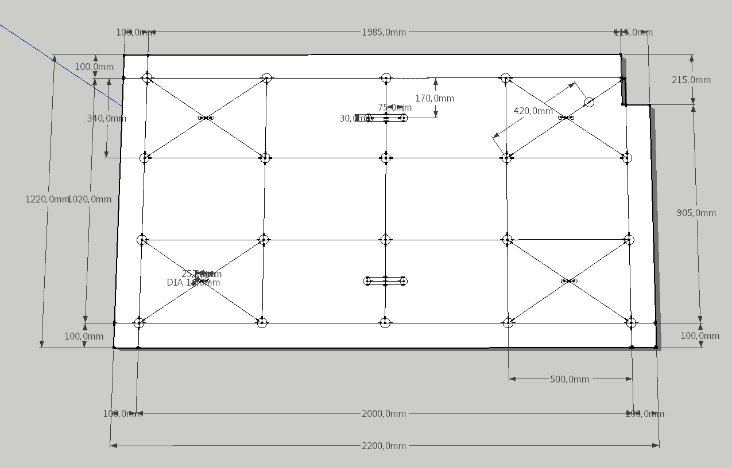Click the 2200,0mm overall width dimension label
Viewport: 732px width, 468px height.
click(x=384, y=446)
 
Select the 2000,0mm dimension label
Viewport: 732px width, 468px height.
click(x=384, y=414)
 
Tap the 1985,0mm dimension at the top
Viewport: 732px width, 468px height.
click(x=384, y=32)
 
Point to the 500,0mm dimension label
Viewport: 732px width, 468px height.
click(x=570, y=379)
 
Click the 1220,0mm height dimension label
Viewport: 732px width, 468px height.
click(x=47, y=199)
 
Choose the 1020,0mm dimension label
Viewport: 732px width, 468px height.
click(x=90, y=199)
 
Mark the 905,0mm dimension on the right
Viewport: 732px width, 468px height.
click(x=696, y=213)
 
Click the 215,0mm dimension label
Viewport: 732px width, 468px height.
click(x=691, y=80)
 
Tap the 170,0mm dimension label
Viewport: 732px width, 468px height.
click(x=435, y=98)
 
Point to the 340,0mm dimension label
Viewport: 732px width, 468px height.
click(x=107, y=118)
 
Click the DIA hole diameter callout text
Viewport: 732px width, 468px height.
click(x=193, y=283)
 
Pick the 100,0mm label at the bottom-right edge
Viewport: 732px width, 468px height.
click(x=700, y=336)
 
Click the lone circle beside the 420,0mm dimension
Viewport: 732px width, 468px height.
click(x=589, y=102)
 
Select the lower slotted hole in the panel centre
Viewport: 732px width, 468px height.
click(x=386, y=281)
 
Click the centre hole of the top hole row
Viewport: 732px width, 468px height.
click(x=386, y=78)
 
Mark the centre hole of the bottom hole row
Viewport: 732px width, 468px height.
click(x=385, y=323)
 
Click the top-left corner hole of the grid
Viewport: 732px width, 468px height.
click(x=148, y=78)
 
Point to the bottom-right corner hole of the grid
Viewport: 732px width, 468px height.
click(x=631, y=323)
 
